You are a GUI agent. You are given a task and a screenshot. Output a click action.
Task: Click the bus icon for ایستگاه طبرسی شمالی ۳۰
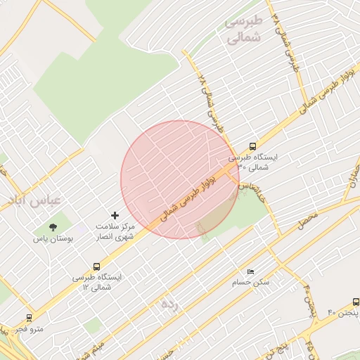253,147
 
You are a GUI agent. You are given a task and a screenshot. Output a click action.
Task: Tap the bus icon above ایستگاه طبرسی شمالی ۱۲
96,267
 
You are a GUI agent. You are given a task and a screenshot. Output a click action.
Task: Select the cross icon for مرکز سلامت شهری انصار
115,214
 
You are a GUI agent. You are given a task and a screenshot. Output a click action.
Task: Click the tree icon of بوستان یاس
53,226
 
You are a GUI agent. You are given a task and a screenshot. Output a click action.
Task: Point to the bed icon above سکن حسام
251,271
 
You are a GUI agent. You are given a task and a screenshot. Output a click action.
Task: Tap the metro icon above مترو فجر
29,318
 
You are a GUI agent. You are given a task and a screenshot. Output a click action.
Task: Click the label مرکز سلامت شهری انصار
115,232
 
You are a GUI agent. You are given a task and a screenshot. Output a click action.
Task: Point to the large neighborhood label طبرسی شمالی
243,30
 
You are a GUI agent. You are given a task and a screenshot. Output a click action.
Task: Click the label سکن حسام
251,283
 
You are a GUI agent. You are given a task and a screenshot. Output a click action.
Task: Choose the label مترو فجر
30,329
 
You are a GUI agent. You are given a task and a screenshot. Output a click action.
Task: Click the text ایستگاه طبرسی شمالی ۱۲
97,283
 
